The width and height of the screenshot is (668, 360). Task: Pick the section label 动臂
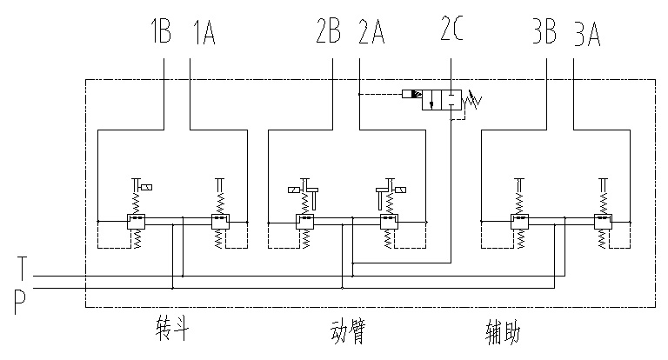(347, 331)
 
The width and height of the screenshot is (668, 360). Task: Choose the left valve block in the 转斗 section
(136, 223)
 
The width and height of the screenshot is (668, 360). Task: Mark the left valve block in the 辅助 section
(519, 223)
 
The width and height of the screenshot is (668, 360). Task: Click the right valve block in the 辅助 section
(603, 223)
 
